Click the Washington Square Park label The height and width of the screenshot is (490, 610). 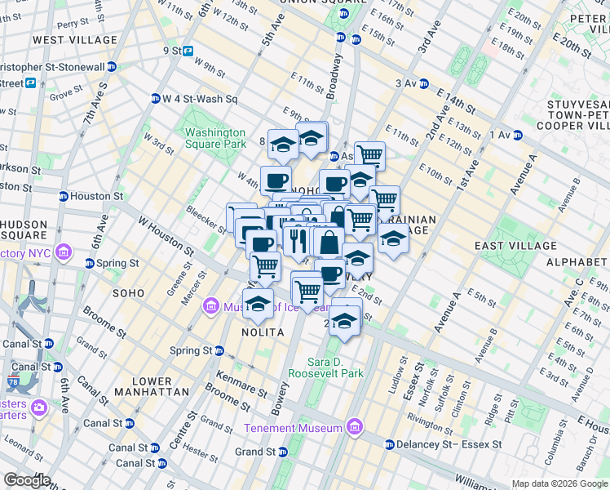[x=215, y=138]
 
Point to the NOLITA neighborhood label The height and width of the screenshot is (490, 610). [x=263, y=332]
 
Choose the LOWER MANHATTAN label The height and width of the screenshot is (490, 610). [x=140, y=387]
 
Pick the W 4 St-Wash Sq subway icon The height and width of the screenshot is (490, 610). [x=155, y=100]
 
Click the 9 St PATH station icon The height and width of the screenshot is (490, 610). [x=188, y=51]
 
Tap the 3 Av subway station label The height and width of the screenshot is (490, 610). [x=405, y=83]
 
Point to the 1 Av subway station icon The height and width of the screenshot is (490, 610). [x=517, y=135]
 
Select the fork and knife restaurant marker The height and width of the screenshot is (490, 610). [x=298, y=239]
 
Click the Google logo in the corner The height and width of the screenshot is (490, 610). [x=27, y=480]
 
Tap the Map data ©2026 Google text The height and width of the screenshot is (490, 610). [x=559, y=483]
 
